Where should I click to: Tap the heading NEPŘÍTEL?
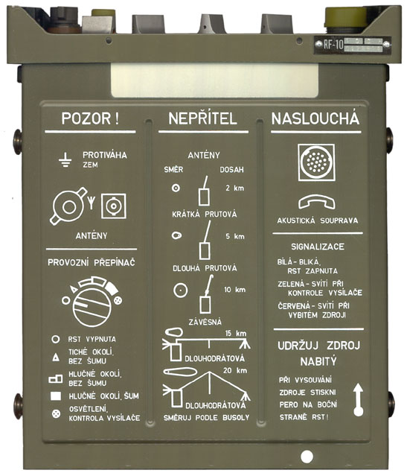click(x=203, y=119)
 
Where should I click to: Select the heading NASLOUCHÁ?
click(x=315, y=119)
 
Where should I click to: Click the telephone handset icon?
click(x=317, y=202)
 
